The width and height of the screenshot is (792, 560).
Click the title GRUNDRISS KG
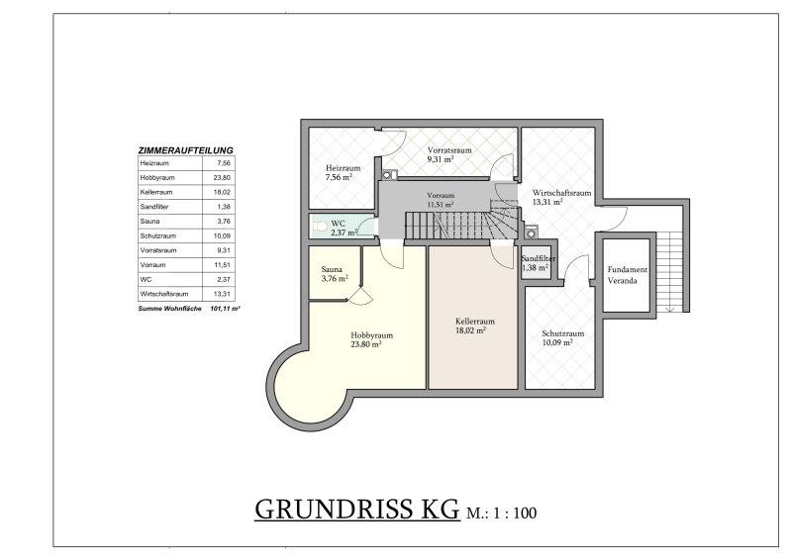357,509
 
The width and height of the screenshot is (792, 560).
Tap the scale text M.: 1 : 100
502,513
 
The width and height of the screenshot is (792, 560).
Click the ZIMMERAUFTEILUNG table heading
185,150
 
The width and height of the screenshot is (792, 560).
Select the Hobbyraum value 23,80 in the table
222,178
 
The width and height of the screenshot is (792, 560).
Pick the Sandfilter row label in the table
154,207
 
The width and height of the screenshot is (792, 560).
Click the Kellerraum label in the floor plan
475,322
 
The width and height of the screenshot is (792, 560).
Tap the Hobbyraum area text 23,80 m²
365,344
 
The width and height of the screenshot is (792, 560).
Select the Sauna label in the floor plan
332,270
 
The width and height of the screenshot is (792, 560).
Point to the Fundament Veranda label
627,275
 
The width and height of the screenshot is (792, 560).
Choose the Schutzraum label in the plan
562,333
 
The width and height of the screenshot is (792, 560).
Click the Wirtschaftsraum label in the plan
561,193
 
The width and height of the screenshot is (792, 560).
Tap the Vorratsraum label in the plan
449,150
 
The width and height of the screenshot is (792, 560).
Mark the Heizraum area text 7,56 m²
339,177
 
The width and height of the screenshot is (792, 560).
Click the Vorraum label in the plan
441,196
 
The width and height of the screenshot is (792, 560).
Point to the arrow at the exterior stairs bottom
671,309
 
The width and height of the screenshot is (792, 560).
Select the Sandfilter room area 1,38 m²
536,268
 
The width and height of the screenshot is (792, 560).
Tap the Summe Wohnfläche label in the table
169,308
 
